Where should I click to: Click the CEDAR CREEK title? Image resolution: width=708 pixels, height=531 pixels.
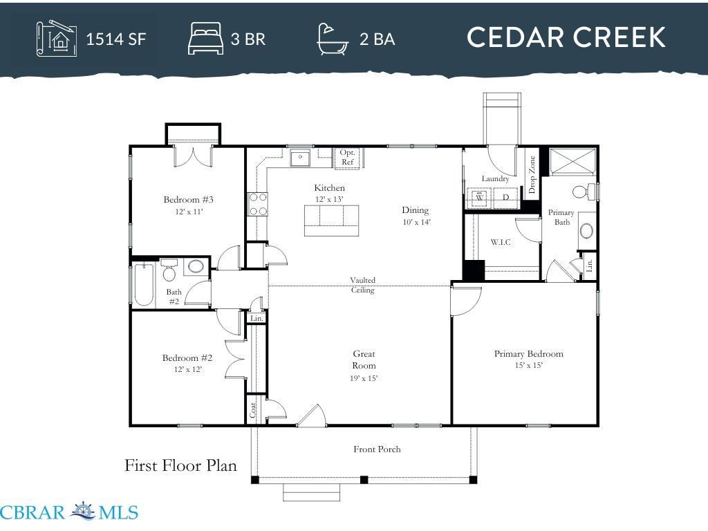click(x=566, y=37)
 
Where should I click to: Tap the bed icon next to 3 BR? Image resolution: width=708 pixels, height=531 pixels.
click(x=205, y=39)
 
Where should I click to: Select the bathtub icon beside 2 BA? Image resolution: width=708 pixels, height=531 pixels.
click(x=333, y=39)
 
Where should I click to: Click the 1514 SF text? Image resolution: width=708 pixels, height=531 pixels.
click(x=116, y=39)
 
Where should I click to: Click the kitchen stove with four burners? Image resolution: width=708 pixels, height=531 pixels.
click(x=257, y=204)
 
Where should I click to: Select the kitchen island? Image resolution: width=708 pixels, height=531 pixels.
click(x=331, y=221)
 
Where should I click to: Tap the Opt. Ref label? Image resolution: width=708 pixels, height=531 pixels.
click(x=348, y=157)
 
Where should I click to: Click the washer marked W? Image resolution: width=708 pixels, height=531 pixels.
click(x=480, y=197)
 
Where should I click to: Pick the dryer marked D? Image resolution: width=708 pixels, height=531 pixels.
click(x=505, y=197)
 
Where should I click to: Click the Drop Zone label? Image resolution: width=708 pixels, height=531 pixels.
click(x=532, y=175)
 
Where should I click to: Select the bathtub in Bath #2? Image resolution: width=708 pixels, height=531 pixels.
click(x=144, y=284)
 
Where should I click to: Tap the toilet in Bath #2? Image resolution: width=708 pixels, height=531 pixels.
click(x=169, y=270)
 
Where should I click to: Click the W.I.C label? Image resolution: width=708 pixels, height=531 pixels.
click(x=501, y=243)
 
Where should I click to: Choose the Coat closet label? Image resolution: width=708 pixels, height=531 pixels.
click(x=253, y=410)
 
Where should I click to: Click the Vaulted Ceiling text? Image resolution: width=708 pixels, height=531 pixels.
click(x=362, y=285)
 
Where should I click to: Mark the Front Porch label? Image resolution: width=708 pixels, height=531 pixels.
click(x=377, y=449)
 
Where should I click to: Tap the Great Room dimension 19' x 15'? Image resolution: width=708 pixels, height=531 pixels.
click(x=364, y=378)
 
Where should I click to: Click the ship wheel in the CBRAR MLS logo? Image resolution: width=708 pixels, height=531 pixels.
click(x=83, y=512)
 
